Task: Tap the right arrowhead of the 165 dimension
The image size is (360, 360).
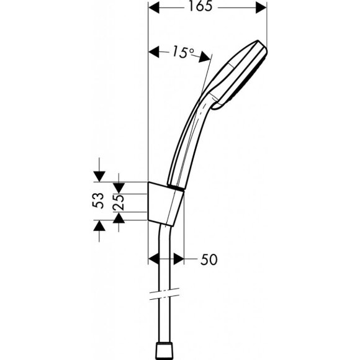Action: (261, 7)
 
